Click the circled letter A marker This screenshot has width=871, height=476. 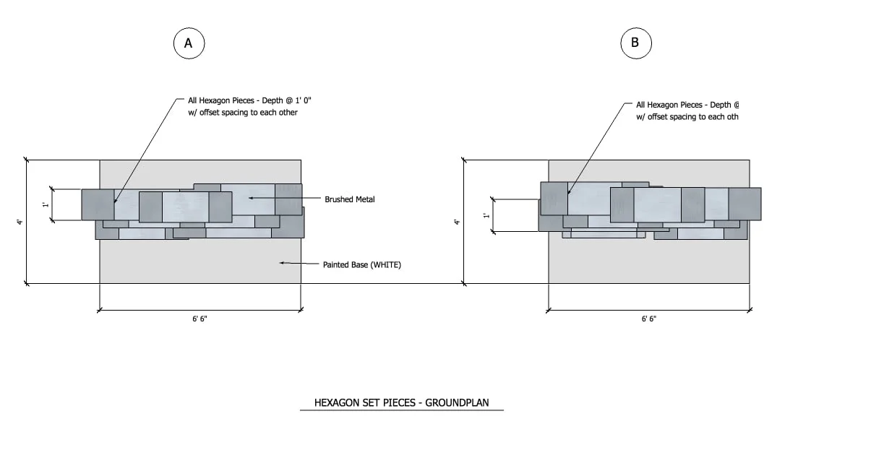point(189,43)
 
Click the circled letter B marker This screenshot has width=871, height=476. point(636,43)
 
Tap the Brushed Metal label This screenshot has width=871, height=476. point(350,199)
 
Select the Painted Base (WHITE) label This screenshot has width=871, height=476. point(362,264)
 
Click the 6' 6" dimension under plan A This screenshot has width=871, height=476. point(200,319)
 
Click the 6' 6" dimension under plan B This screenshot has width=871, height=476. point(649,319)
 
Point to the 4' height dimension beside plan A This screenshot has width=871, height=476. point(20,222)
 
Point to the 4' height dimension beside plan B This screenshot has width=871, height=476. point(457,222)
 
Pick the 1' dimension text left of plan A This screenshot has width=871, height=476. point(46,205)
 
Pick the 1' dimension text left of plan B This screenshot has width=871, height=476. point(486,215)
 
